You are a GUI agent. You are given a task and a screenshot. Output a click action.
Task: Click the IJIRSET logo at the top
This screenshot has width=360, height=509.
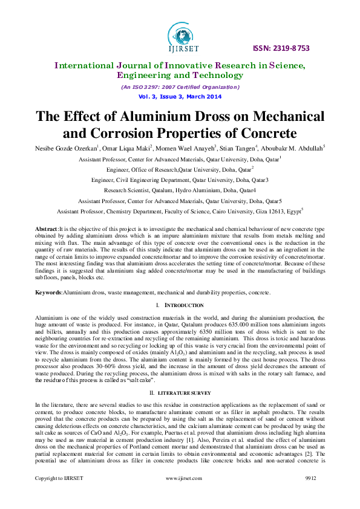click(180, 35)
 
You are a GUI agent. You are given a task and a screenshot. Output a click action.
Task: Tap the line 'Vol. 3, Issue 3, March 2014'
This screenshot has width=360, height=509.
click(180, 96)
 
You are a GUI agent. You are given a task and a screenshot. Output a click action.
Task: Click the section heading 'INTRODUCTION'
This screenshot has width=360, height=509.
click(184, 306)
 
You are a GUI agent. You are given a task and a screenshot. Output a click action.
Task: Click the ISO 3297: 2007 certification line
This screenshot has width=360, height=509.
click(180, 88)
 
